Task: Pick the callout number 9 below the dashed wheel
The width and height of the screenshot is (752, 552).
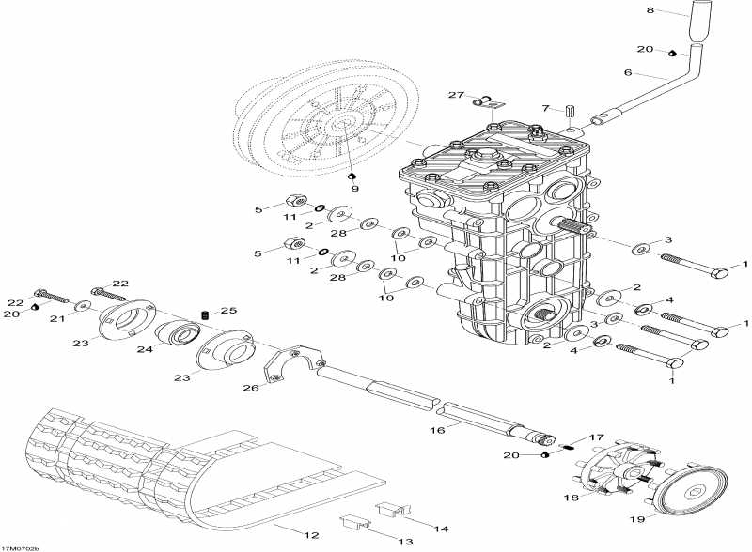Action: point(354,188)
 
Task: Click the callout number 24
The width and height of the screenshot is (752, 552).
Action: point(145,349)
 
